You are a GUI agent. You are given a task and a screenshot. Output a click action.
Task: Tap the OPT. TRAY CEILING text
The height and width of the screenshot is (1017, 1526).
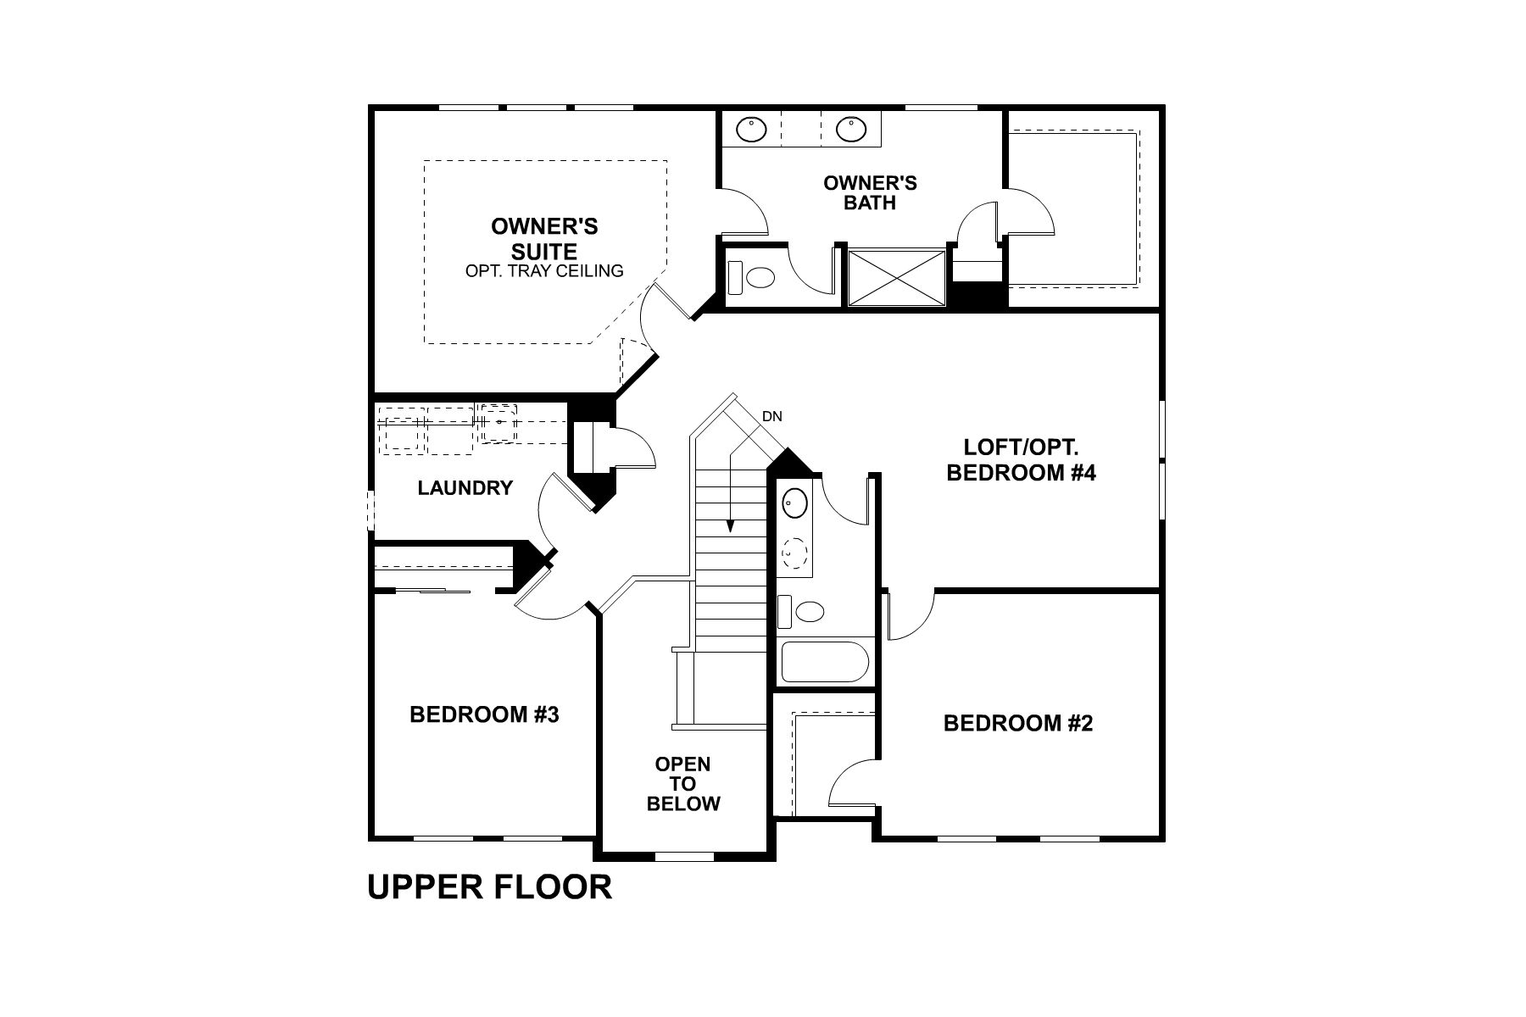544,271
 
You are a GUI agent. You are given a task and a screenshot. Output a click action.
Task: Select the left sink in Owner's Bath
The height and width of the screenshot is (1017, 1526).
751,129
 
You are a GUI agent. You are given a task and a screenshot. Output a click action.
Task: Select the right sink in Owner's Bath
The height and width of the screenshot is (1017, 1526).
850,129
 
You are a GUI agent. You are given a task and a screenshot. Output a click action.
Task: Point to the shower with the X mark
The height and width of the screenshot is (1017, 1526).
896,277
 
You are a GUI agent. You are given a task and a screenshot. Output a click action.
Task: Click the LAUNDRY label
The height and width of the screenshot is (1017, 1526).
465,488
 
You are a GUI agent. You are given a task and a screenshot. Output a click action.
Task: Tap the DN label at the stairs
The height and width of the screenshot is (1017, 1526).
771,416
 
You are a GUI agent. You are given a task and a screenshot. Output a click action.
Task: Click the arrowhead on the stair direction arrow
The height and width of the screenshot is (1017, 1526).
730,526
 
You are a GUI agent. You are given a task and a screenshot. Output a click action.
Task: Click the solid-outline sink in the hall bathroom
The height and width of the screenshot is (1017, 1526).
794,503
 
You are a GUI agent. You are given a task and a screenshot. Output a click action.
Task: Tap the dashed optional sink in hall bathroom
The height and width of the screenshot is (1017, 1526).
794,553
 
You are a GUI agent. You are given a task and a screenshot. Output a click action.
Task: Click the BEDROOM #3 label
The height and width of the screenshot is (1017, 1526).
484,714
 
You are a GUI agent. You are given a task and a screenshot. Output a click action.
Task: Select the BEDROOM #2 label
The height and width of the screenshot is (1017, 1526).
1018,723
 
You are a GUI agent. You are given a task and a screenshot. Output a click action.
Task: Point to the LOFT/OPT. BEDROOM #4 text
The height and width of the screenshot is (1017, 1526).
1021,460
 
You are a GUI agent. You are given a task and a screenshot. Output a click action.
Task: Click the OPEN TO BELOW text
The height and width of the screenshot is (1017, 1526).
683,784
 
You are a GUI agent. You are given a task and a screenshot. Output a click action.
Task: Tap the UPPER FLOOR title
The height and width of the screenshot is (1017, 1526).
489,887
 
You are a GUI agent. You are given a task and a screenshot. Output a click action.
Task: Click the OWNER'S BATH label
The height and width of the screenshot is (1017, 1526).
870,192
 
